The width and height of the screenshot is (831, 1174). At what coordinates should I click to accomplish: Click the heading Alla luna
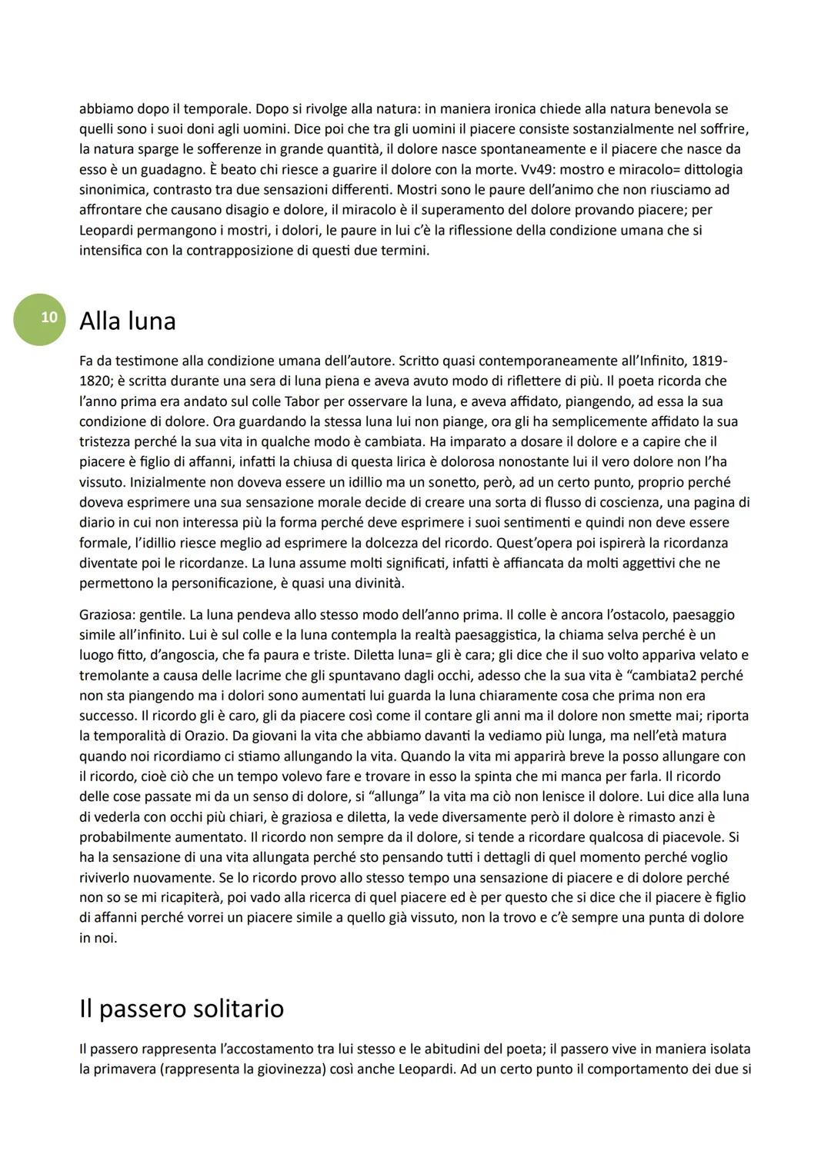[x=128, y=321]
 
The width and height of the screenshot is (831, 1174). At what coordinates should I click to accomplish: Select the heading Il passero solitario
[x=182, y=1008]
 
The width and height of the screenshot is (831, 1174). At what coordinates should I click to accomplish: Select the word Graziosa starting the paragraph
[x=107, y=615]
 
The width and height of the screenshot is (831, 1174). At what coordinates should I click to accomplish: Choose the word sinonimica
[x=112, y=189]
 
